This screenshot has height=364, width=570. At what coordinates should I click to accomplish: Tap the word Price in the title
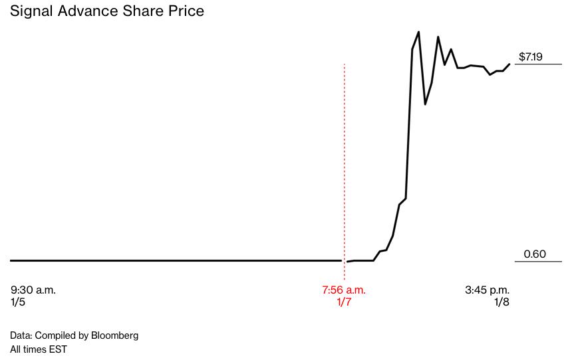[186, 11]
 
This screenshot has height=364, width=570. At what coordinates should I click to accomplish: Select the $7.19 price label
[531, 56]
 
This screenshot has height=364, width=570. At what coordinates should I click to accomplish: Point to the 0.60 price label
[535, 254]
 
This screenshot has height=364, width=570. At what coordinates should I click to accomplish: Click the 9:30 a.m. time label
[33, 290]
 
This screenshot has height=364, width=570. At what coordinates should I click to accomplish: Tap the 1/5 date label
[18, 302]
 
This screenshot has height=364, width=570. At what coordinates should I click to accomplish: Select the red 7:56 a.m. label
[344, 290]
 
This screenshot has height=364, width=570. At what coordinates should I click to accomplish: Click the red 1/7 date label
[344, 302]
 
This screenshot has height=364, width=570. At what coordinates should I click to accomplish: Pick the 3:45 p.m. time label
[487, 290]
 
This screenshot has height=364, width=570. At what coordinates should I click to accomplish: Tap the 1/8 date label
[501, 302]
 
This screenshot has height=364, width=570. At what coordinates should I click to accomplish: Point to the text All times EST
[39, 349]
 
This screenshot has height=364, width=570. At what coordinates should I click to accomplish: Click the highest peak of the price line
[418, 32]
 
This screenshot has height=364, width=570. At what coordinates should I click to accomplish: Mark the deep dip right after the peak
[425, 104]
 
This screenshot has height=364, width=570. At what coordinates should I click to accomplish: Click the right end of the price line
[509, 64]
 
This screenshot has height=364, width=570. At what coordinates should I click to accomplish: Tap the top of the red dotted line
[344, 64]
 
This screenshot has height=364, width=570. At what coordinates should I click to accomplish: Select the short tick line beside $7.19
[539, 64]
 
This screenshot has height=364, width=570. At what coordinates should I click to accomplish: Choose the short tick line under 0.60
[539, 261]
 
